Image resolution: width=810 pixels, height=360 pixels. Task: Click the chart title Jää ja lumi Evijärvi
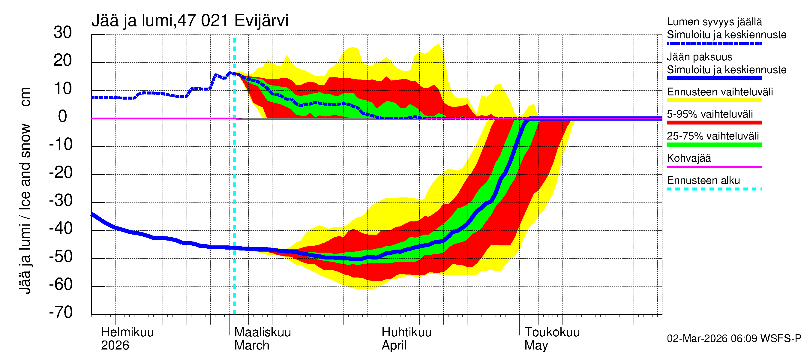[x=190, y=21]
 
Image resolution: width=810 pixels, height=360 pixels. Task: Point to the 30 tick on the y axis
[x=63, y=33]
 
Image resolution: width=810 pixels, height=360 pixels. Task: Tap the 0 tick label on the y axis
[x=63, y=117]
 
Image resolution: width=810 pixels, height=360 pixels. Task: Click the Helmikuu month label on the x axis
[x=127, y=332]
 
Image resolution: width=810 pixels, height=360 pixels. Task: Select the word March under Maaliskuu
[x=252, y=346]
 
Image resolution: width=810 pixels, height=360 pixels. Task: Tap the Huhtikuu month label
[x=406, y=332]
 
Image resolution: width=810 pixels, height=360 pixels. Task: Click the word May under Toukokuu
[x=536, y=346]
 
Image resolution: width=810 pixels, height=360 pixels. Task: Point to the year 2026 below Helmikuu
[x=115, y=346]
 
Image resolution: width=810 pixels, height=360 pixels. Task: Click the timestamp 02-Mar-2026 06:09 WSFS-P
[x=734, y=339]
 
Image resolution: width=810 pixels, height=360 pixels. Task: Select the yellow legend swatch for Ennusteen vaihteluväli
[x=714, y=100]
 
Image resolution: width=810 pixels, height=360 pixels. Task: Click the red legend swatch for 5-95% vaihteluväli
[x=714, y=123]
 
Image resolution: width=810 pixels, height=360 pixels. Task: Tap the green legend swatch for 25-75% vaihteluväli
[x=714, y=145]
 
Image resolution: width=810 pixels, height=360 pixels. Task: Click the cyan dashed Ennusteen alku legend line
[x=714, y=189]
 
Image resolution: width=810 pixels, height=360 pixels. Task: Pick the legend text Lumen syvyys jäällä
[x=714, y=22]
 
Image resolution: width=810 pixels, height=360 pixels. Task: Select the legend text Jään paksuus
[x=699, y=57]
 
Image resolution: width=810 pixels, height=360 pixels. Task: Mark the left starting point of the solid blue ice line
[x=92, y=214]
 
